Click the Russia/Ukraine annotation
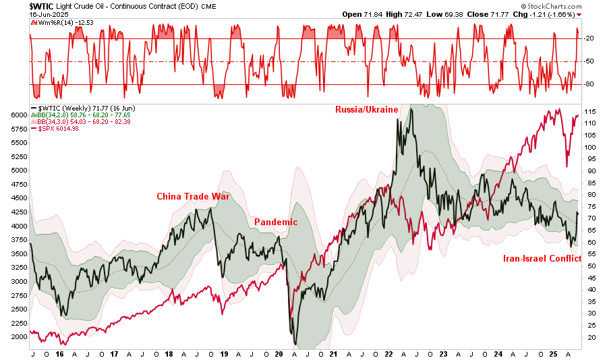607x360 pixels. click(367, 109)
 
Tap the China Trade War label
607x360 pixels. click(193, 197)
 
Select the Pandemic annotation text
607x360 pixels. click(275, 222)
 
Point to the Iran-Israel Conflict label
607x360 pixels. click(542, 258)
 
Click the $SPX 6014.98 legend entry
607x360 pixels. click(59, 129)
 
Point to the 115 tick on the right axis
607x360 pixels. click(590, 111)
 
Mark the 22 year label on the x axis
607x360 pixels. click(389, 353)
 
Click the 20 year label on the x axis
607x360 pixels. click(279, 353)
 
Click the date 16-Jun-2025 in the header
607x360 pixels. click(49, 13)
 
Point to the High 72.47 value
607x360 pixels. click(413, 14)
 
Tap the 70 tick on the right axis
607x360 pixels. click(589, 218)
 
